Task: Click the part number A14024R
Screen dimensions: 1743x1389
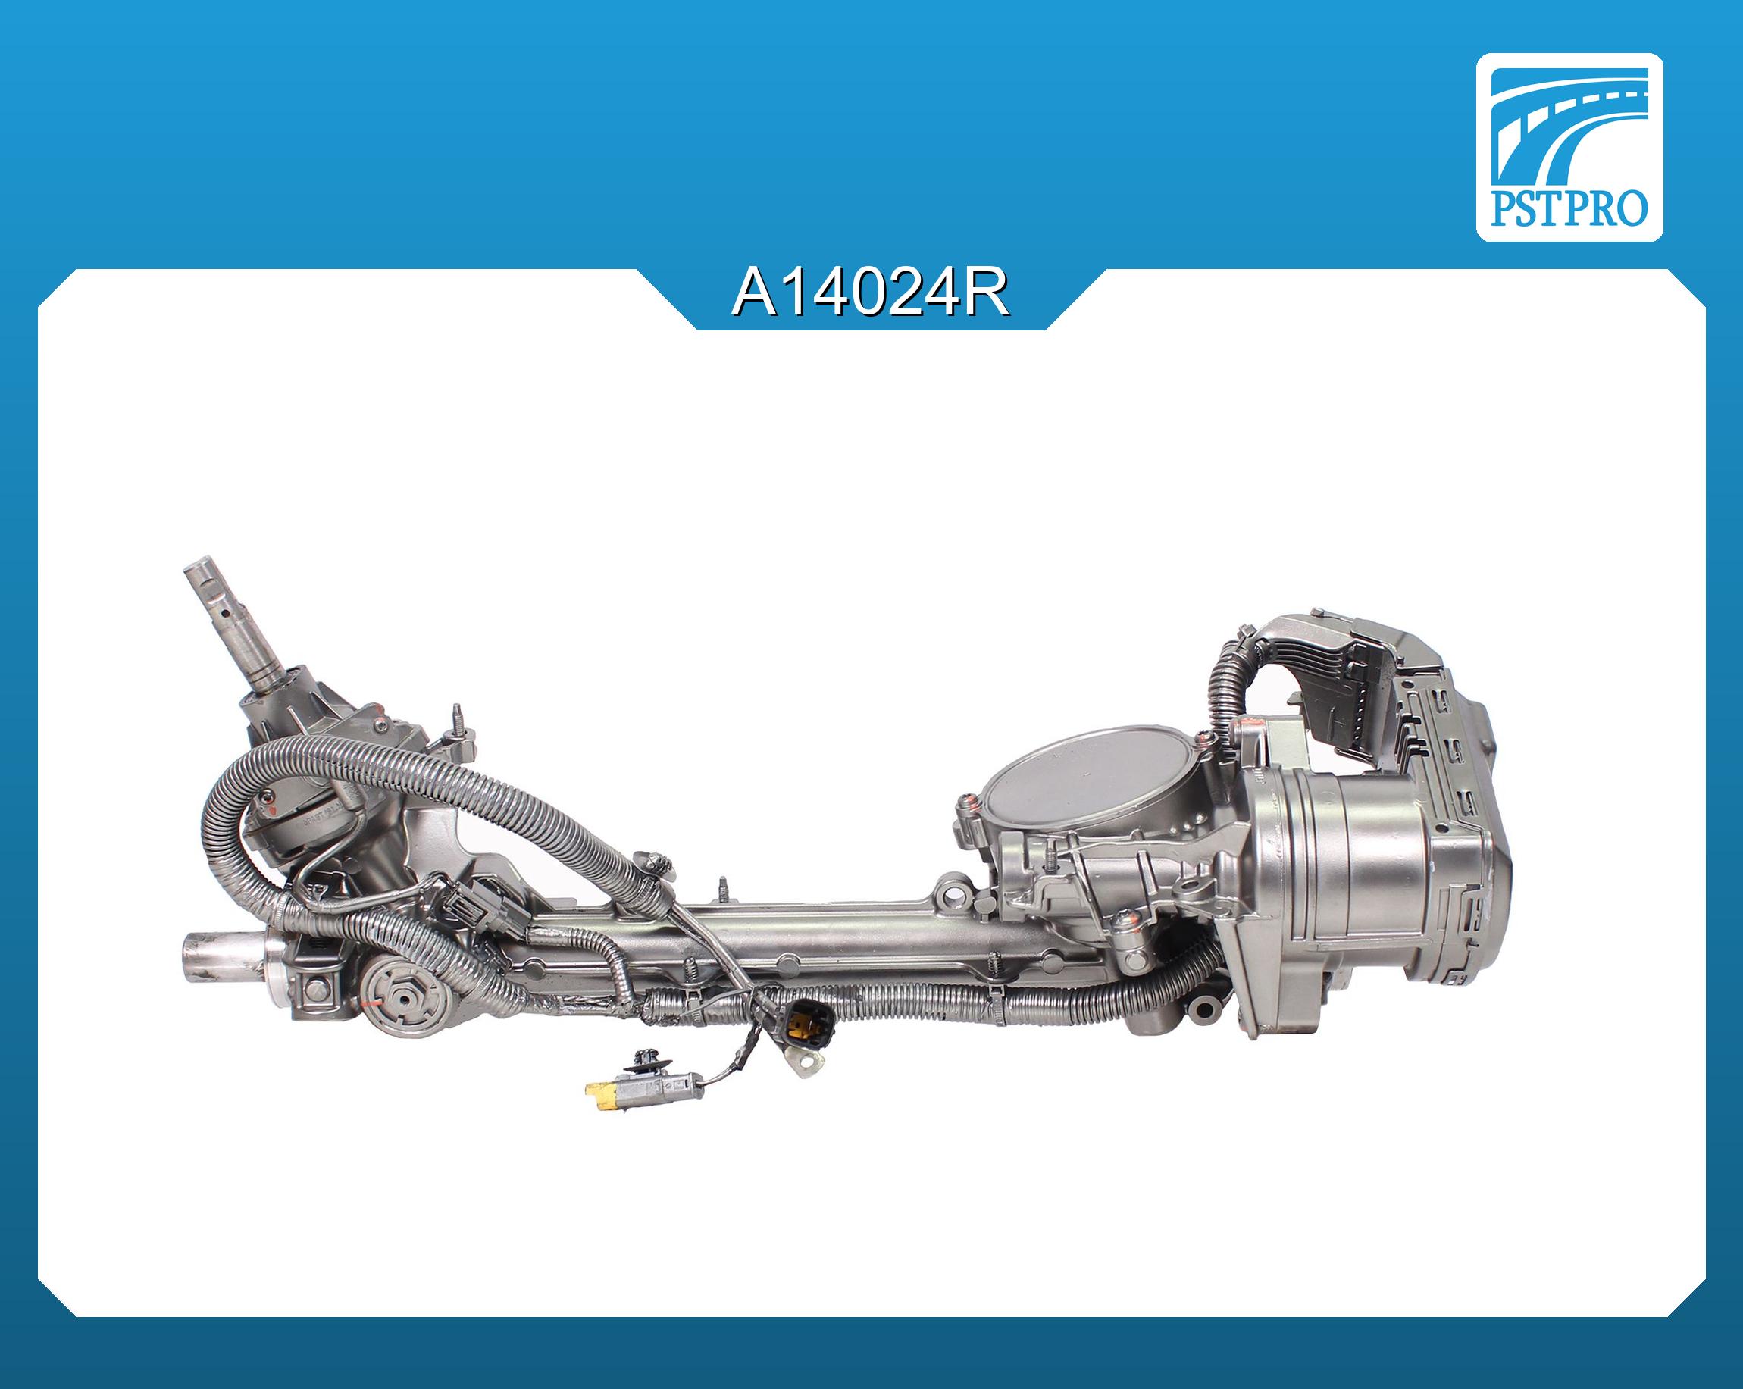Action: pos(871,295)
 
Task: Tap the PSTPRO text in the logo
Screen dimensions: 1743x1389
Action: pos(1569,209)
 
